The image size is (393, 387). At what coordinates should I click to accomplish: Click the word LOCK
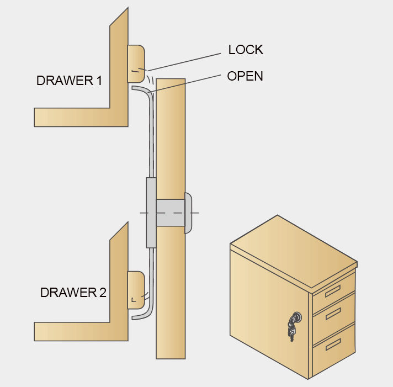246,50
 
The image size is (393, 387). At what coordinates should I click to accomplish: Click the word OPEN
245,76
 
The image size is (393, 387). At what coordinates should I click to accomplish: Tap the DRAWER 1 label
69,81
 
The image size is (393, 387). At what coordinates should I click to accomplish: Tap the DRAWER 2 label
73,293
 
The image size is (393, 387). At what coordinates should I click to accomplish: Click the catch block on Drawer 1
136,63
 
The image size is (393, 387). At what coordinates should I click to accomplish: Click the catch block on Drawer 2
136,290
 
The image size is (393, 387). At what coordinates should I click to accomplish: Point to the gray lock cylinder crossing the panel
170,213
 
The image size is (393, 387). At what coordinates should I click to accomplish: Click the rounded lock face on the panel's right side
188,213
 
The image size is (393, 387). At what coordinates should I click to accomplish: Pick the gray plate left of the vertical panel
151,213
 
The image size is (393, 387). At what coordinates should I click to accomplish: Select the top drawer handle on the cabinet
332,291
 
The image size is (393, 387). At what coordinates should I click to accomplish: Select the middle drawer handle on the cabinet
332,314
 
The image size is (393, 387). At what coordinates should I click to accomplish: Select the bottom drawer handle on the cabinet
332,344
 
